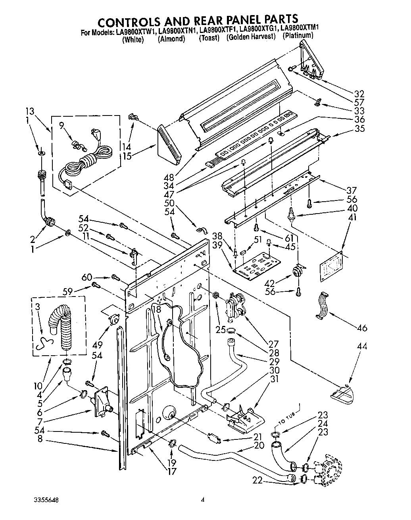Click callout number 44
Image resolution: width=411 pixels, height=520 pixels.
(x=361, y=346)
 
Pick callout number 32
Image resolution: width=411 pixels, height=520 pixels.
(x=359, y=94)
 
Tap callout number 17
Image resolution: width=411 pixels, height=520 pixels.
(x=171, y=472)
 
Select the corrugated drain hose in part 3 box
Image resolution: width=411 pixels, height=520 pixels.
(x=60, y=325)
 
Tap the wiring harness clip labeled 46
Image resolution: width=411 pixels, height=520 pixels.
(x=322, y=305)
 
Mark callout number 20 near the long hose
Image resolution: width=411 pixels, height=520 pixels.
(x=259, y=445)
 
